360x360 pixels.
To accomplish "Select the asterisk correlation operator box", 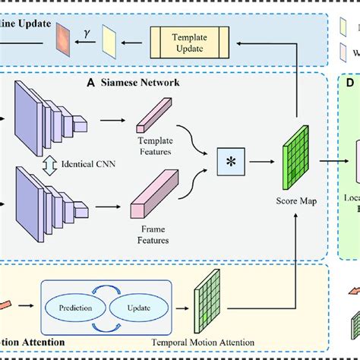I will click(229, 163).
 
